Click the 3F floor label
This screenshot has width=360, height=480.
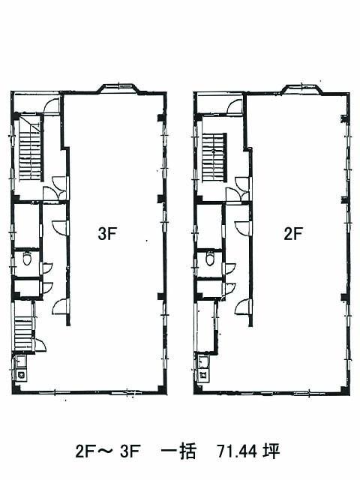[x=106, y=234]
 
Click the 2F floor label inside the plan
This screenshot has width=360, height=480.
[x=293, y=234]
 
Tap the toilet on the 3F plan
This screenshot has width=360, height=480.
[x=27, y=259]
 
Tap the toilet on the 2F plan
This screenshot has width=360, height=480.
[x=210, y=258]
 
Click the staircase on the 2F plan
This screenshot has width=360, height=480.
[x=214, y=157]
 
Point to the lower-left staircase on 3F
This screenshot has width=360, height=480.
[x=23, y=332]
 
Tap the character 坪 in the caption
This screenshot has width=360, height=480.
[x=271, y=451]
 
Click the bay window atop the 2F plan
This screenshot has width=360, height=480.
[x=302, y=88]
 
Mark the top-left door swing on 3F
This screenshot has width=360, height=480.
[x=52, y=106]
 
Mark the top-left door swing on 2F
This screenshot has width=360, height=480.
[x=235, y=106]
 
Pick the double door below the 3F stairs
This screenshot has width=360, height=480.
[x=55, y=188]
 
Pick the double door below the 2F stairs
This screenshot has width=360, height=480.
[x=238, y=189]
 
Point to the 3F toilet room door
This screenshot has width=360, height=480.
[x=47, y=268]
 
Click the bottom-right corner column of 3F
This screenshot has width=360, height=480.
[x=161, y=388]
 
